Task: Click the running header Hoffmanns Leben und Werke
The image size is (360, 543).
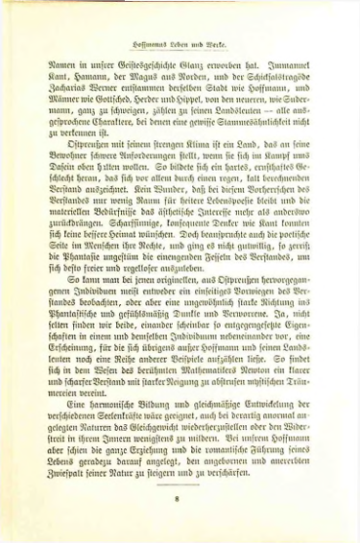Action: pyautogui.click(x=180, y=45)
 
